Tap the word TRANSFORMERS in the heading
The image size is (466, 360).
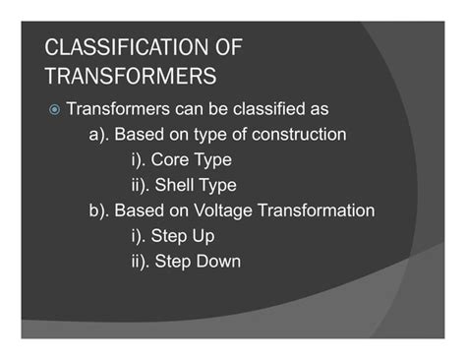coord(131,76)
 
